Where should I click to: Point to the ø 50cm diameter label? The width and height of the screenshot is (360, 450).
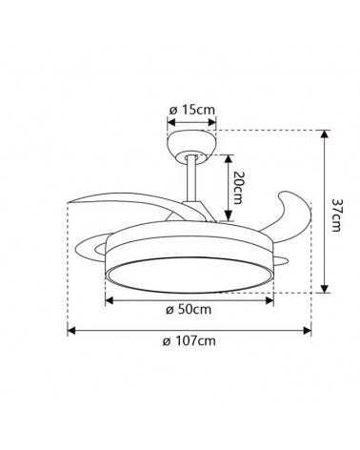189,310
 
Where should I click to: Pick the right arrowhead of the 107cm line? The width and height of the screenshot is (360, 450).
308,331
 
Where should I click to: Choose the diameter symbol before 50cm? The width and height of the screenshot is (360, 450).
169,311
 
